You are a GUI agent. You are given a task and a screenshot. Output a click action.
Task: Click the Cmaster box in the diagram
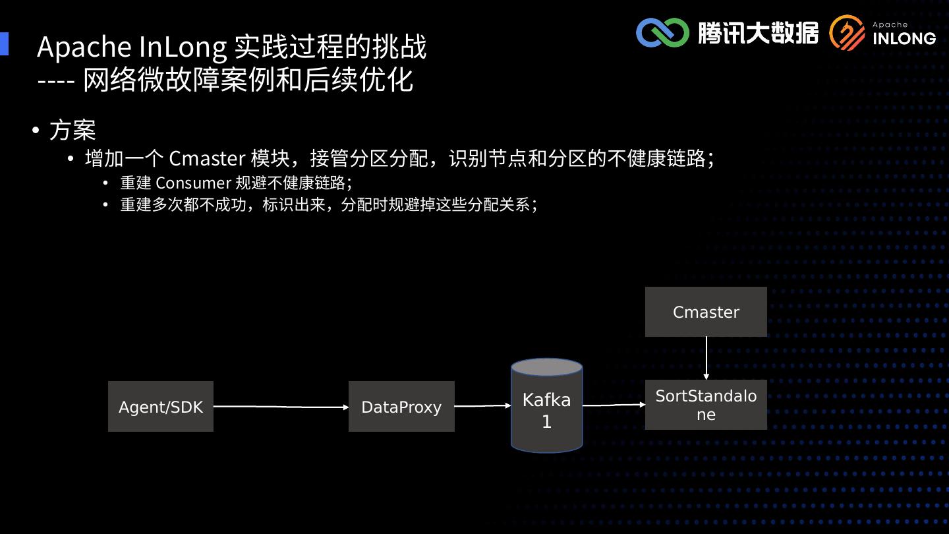point(706,312)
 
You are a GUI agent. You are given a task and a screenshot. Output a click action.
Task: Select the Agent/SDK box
point(161,407)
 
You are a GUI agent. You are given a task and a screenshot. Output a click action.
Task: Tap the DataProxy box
point(401,407)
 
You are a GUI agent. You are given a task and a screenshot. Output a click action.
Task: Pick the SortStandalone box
point(706,405)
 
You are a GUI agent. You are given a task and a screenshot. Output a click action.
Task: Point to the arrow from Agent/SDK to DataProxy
point(281,407)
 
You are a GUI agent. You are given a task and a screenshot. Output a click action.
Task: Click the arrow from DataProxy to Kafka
point(482,406)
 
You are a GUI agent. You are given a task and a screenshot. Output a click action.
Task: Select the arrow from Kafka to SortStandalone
point(614,405)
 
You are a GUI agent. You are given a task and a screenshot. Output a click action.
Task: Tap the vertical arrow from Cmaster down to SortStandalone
point(706,358)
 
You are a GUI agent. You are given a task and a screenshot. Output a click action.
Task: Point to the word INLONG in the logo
point(904,38)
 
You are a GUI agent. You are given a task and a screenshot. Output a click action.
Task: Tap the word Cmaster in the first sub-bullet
point(207,159)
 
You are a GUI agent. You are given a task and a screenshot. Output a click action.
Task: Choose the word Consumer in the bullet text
point(193,183)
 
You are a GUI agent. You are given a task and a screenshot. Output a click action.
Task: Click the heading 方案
point(72,130)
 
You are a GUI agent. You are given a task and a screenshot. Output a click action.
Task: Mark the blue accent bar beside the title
point(4,44)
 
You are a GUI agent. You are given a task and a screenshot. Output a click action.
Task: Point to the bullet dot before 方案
point(36,130)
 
